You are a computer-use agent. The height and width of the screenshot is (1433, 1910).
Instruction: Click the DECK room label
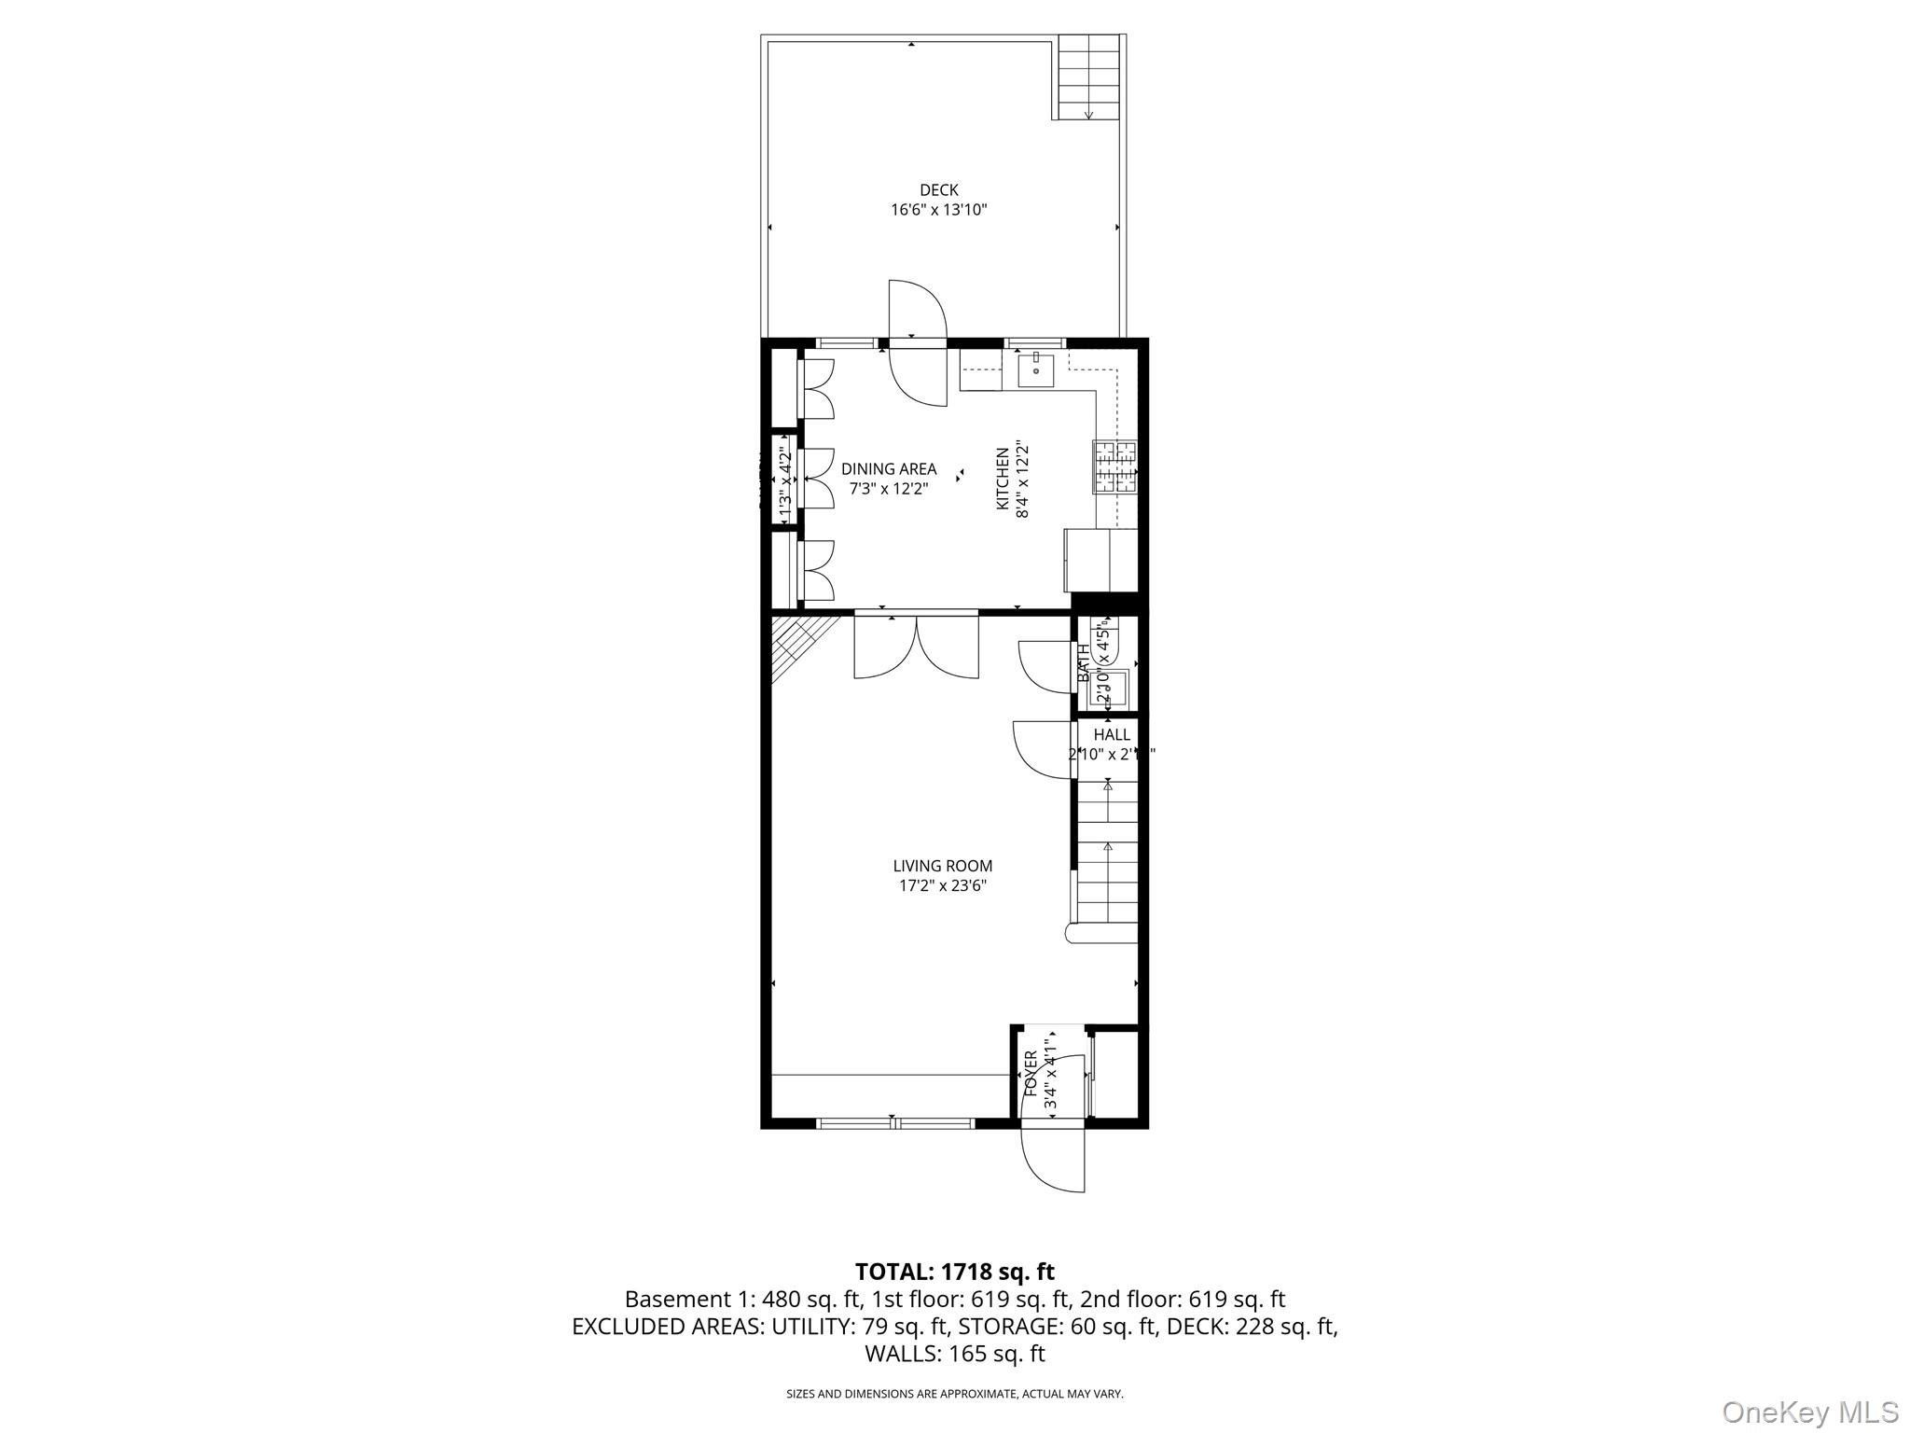(x=938, y=190)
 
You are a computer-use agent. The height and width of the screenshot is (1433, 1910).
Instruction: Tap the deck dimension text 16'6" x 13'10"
(x=938, y=211)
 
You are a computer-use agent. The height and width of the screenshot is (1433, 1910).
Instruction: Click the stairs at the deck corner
(x=1087, y=77)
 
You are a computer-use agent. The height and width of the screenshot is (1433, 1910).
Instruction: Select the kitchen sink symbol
(x=1035, y=369)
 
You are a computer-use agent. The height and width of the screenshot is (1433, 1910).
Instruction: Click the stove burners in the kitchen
(x=1116, y=466)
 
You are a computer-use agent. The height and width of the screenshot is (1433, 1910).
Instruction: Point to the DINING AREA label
(x=888, y=469)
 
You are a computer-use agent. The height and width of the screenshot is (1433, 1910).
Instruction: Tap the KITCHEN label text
(x=1003, y=479)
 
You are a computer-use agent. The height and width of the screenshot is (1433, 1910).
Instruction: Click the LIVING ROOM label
(x=942, y=866)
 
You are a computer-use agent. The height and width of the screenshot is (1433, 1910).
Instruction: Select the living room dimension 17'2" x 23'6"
(x=942, y=886)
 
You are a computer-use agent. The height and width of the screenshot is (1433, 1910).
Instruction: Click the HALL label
(x=1112, y=735)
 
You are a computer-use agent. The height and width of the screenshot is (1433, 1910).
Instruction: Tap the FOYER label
(x=1031, y=1074)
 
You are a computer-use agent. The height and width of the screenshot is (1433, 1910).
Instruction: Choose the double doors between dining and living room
(x=917, y=647)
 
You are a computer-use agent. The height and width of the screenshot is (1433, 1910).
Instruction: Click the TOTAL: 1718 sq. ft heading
(x=954, y=1272)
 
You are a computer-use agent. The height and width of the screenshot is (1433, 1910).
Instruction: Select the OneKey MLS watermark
(x=1809, y=1412)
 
